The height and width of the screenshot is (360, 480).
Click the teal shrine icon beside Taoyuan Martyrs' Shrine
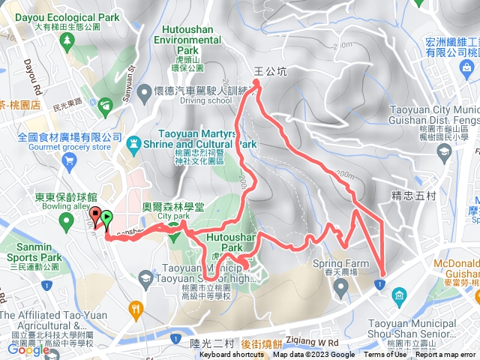[x=134, y=142]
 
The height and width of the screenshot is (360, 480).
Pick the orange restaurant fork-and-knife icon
[x=136, y=307]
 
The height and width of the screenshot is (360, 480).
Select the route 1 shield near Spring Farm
[x=381, y=283]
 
